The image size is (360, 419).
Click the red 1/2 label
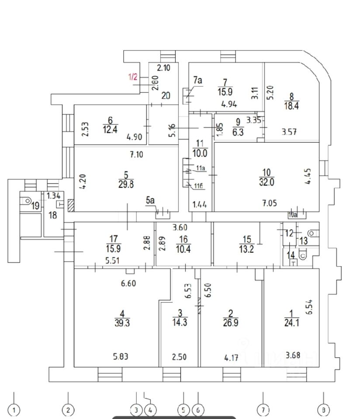[133, 77]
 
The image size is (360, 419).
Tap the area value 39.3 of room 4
[122, 323]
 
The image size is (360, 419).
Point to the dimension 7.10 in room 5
[136, 155]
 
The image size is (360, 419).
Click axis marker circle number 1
[14, 410]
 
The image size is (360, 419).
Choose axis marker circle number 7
[263, 410]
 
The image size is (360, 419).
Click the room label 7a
[198, 81]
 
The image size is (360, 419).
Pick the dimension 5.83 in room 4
[121, 357]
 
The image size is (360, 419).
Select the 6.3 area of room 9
[238, 133]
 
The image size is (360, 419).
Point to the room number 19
[35, 206]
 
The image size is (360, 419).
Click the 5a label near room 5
[150, 201]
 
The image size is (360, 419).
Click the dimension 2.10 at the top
[163, 68]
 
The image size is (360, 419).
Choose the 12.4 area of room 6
[110, 130]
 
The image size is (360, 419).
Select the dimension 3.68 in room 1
[293, 356]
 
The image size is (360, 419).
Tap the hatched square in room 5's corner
[70, 204]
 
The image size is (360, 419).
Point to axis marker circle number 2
[68, 410]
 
